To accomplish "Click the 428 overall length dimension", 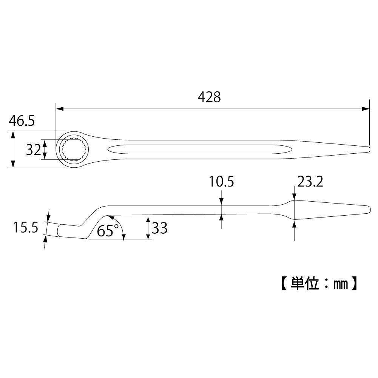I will [x=209, y=97].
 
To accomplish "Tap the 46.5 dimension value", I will [x=22, y=121].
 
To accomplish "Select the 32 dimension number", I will [x=33, y=150].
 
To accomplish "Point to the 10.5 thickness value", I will [x=222, y=182].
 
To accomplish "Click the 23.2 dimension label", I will [x=310, y=182].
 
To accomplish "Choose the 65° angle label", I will [x=108, y=230].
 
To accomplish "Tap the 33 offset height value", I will [x=160, y=228].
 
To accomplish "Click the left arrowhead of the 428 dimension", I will [x=59, y=108].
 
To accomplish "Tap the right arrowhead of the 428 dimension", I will [x=366, y=108].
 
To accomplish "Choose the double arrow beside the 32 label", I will [x=45, y=150].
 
